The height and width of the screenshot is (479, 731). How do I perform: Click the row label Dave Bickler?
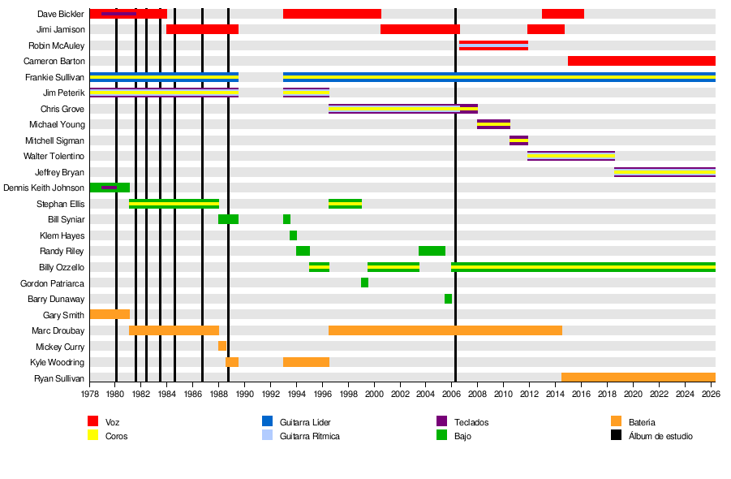(61, 14)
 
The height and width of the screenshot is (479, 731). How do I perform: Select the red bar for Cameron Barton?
(641, 61)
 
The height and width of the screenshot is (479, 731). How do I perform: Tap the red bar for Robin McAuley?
(493, 45)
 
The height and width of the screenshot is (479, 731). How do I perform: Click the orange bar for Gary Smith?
(110, 314)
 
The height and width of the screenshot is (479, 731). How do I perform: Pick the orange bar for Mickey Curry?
(222, 346)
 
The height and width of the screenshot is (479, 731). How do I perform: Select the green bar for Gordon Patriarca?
(364, 283)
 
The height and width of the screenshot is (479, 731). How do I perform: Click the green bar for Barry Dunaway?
(448, 299)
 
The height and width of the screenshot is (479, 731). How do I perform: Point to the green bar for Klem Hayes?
(293, 235)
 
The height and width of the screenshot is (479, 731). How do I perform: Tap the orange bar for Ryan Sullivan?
(638, 378)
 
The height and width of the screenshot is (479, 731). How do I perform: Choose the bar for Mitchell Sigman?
(518, 140)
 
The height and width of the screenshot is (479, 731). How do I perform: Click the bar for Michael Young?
(493, 124)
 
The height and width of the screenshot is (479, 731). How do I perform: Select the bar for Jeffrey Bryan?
(664, 172)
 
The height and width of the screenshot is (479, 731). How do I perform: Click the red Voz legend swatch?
(93, 421)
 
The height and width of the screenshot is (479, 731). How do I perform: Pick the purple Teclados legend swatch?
(442, 421)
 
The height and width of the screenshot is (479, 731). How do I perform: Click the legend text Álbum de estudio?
(660, 436)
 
